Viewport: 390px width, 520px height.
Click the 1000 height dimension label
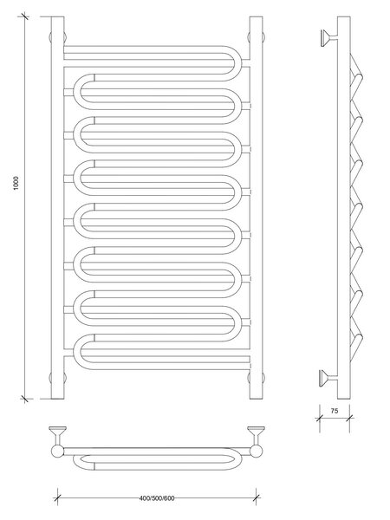coord(16,183)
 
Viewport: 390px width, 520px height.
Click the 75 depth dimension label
coord(335,411)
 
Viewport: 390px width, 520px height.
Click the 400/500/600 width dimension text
coord(157,498)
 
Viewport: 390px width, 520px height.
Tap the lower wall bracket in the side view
coord(328,378)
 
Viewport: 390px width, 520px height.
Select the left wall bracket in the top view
coord(58,435)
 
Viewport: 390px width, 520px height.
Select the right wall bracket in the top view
coord(256,435)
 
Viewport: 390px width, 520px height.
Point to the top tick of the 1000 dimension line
coord(24,16)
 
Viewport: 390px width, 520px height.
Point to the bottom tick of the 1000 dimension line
coord(24,399)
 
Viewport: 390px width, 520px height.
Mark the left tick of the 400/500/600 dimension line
coord(58,497)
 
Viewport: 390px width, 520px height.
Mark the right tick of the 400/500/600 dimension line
coord(256,497)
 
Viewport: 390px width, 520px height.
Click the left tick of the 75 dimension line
coord(320,418)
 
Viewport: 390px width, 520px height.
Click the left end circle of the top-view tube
coord(57,452)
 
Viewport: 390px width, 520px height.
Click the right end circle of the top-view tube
coord(257,452)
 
